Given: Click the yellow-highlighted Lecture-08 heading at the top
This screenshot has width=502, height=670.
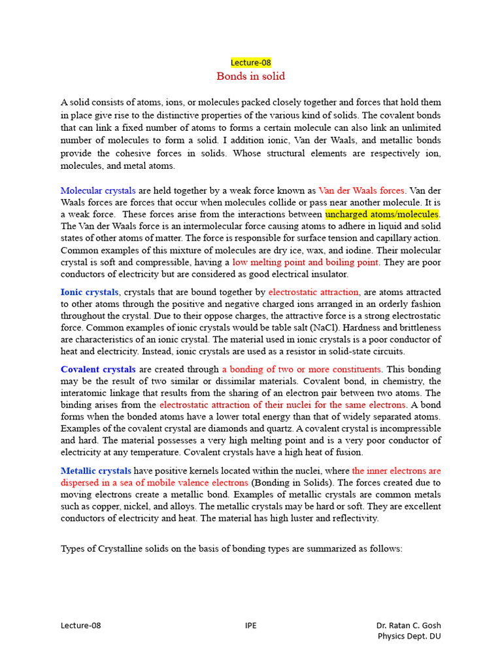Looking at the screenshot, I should [x=250, y=63].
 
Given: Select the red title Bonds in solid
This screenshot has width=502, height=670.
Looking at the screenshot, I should [x=250, y=77].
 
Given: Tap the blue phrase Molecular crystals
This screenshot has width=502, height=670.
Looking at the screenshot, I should [x=98, y=190].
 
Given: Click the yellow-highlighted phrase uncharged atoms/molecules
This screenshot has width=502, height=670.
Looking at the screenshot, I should [x=382, y=215].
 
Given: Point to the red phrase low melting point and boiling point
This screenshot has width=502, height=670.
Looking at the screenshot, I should [x=305, y=262].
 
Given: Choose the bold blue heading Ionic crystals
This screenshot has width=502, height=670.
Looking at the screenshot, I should [x=90, y=292].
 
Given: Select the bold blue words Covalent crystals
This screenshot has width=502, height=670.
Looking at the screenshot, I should [x=98, y=369].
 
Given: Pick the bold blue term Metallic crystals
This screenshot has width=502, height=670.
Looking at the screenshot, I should [x=96, y=470].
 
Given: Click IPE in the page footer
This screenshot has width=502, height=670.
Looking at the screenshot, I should [x=250, y=626].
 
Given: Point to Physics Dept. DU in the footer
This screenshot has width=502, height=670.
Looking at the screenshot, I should [x=410, y=636].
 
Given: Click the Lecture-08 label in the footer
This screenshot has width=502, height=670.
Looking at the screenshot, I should [x=81, y=626].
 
